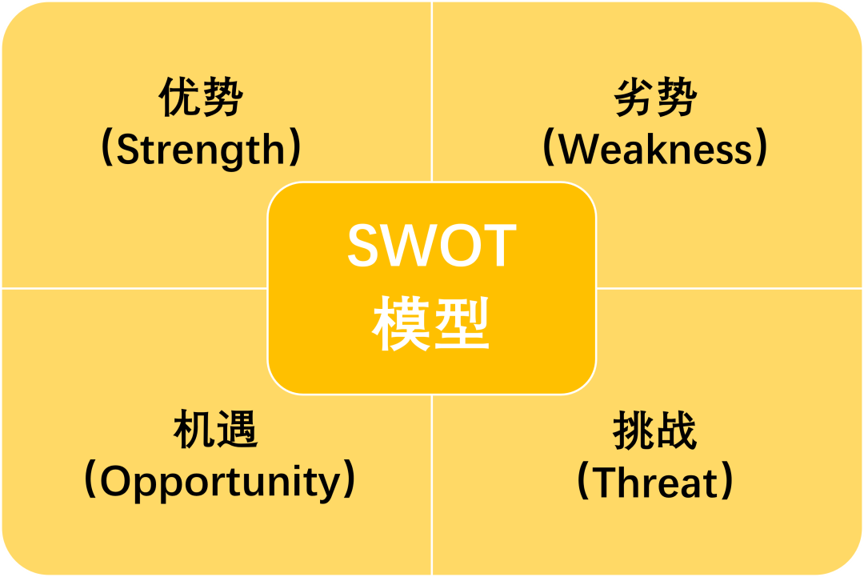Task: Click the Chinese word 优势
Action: (x=201, y=97)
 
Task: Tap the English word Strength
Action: (x=201, y=150)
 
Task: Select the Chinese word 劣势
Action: (x=656, y=97)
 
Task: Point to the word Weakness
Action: (x=655, y=149)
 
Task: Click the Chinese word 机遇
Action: (x=215, y=429)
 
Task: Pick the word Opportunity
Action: (x=221, y=483)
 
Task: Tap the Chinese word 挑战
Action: (x=654, y=430)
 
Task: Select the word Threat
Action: (x=655, y=483)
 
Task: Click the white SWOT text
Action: (x=432, y=245)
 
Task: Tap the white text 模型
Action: (x=431, y=323)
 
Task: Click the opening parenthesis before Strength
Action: (x=107, y=148)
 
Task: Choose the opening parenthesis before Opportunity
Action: (x=90, y=479)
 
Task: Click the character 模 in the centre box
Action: (x=401, y=323)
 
